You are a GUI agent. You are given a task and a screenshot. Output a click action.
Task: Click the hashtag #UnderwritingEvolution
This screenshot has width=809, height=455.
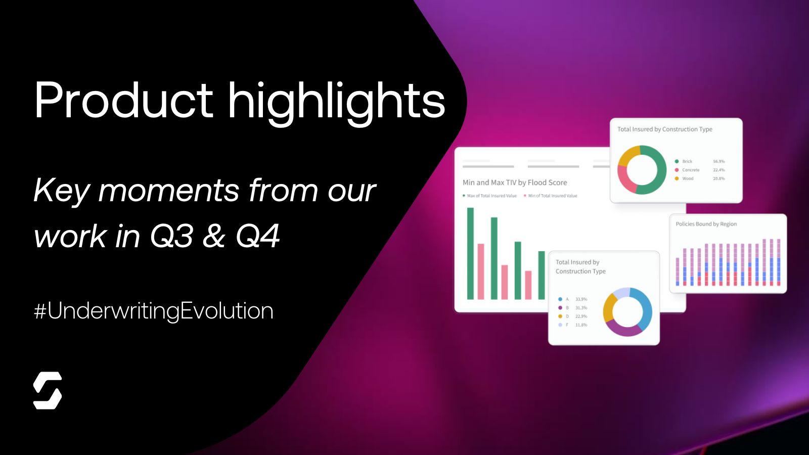point(154,310)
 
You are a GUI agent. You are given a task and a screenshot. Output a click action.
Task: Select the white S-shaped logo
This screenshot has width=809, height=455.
point(48,390)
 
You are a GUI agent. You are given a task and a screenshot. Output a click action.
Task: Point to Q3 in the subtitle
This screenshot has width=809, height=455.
point(172,236)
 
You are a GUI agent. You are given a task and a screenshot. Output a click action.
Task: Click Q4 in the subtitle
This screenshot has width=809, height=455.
point(258,236)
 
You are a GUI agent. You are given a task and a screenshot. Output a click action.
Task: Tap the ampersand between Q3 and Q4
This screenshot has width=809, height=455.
point(214,236)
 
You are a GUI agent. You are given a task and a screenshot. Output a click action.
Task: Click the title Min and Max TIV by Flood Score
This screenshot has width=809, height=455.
point(515,183)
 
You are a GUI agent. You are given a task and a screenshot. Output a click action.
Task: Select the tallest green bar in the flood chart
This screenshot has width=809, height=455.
point(470,253)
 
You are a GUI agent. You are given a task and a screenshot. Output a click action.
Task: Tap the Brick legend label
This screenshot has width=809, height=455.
point(687,161)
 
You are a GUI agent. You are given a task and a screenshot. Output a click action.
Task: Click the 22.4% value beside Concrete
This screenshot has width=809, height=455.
point(718,170)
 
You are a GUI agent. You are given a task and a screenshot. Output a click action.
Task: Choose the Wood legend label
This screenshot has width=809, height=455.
point(688,178)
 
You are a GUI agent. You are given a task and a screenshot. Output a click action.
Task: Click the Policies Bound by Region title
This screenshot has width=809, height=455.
point(706,224)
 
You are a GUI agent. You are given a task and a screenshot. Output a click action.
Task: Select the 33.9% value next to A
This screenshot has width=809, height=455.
point(581,299)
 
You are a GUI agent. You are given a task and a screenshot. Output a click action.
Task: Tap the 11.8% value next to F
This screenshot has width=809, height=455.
point(581,325)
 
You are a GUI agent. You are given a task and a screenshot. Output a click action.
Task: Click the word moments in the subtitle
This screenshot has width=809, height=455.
point(168,191)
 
